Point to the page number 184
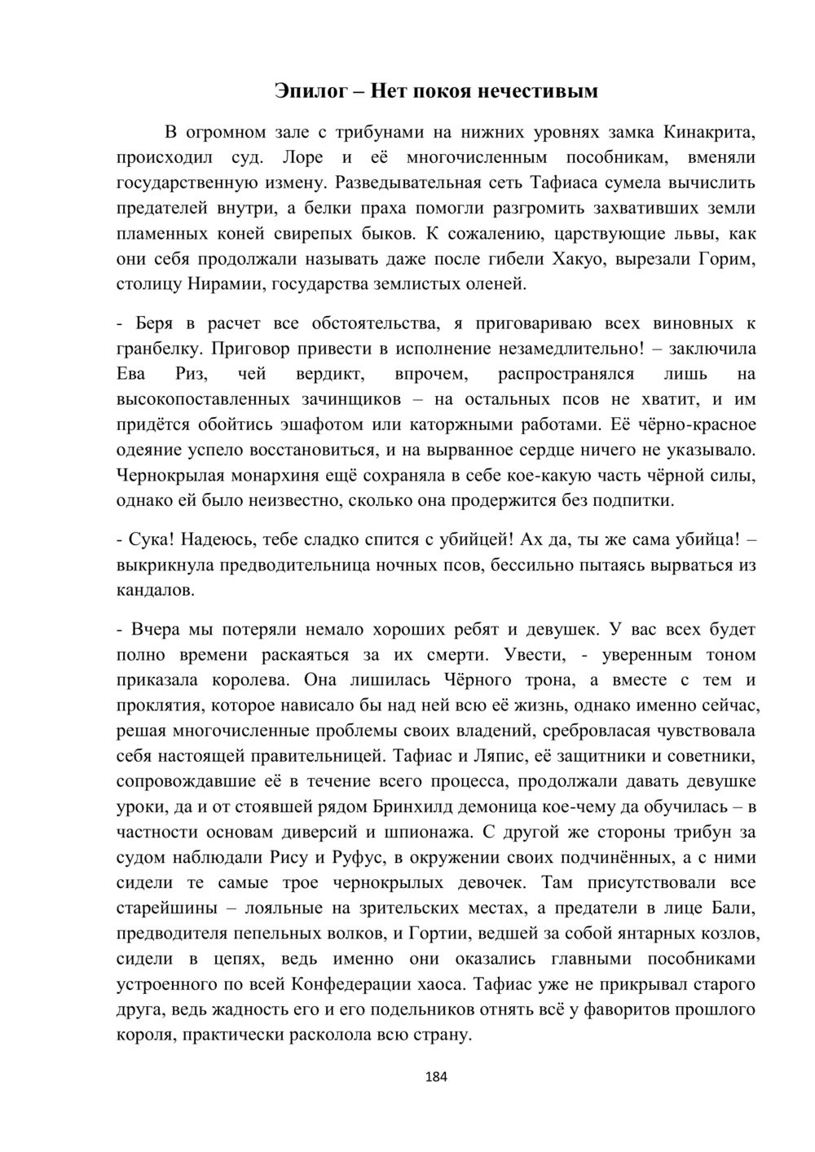pyautogui.click(x=437, y=1077)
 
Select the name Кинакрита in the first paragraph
pyautogui.click(x=709, y=131)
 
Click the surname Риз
pyautogui.click(x=192, y=375)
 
